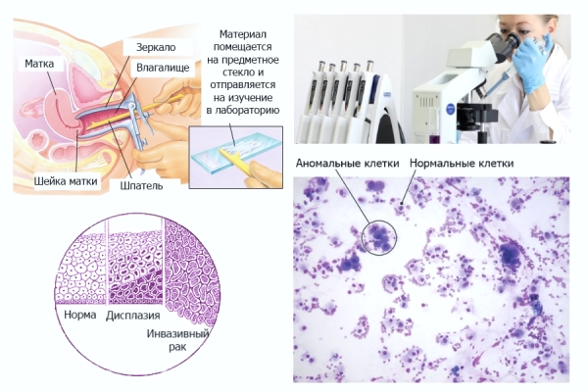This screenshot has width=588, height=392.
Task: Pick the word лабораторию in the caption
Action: [x=244, y=110]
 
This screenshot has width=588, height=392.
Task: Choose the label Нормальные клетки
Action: [x=461, y=163]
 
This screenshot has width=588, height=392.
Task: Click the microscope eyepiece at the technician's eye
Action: [x=514, y=39]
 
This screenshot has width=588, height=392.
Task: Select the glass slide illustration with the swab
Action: [x=235, y=155]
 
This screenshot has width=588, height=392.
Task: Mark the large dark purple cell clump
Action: [x=510, y=257]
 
